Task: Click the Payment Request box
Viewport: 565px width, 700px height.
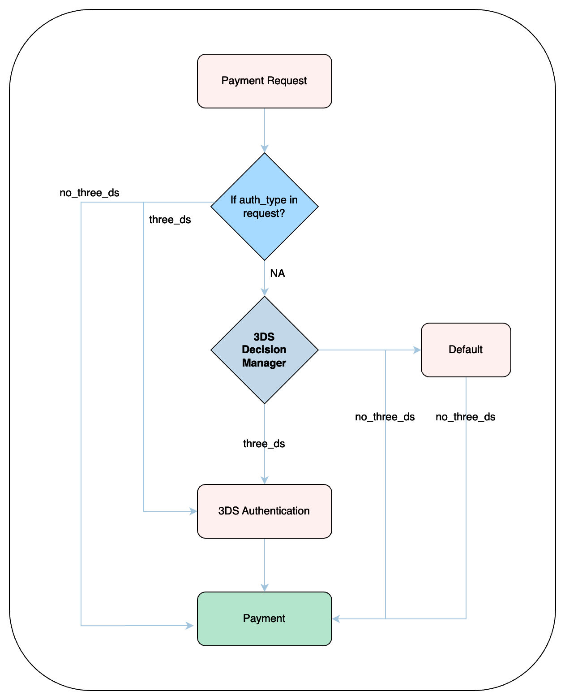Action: point(264,81)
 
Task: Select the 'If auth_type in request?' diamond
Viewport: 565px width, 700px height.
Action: point(264,207)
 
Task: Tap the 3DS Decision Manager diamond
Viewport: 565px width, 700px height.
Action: point(264,350)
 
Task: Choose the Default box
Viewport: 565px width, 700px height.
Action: point(466,350)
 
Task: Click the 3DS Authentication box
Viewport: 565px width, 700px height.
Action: point(264,511)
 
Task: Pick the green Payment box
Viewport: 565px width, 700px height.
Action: point(264,618)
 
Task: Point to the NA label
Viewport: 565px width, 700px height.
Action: point(278,273)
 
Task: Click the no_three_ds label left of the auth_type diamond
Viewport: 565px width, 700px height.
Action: point(90,193)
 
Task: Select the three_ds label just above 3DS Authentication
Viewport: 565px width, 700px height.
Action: point(264,444)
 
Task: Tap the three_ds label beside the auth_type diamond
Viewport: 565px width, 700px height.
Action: point(170,220)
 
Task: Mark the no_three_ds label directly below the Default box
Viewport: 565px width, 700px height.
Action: point(466,417)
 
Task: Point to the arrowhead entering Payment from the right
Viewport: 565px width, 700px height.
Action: point(336,619)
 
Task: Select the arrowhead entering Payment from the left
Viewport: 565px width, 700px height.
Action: point(190,625)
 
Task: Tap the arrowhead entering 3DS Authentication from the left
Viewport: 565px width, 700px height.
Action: point(193,511)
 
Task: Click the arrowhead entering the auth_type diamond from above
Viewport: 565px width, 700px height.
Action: point(265,149)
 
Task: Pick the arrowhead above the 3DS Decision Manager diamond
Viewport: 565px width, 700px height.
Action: point(265,292)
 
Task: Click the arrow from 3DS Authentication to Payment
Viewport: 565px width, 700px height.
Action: point(265,565)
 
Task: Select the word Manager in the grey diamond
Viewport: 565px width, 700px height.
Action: point(264,363)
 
